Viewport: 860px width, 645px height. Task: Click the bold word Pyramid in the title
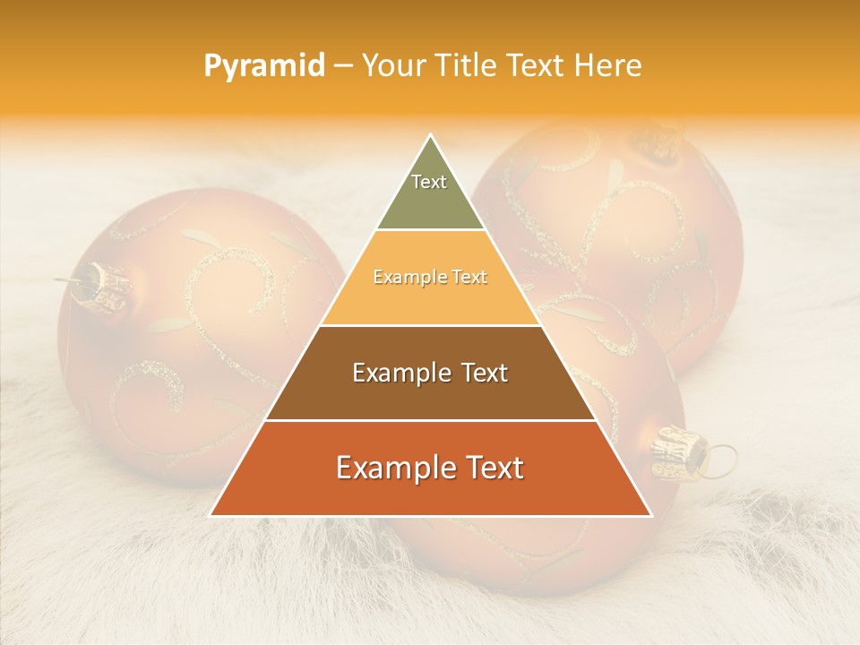pos(263,66)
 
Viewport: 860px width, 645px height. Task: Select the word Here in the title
pos(610,65)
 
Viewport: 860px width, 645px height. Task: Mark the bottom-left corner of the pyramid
pos(211,515)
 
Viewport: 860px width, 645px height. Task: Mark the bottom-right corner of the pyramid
pos(650,515)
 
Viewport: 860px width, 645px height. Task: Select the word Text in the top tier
pos(429,182)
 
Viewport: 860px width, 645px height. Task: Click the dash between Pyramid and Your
pos(343,66)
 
